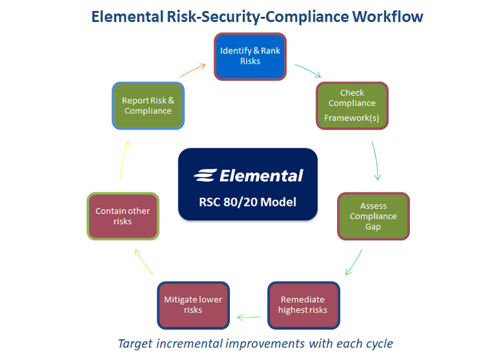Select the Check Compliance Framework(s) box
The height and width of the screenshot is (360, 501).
(x=352, y=105)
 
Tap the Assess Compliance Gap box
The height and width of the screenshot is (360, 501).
(x=373, y=216)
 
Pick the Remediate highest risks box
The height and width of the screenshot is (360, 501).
(x=303, y=305)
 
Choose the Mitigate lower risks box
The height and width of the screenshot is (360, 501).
(x=193, y=305)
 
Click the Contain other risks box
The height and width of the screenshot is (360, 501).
(x=122, y=216)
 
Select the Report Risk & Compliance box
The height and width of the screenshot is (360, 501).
(x=148, y=105)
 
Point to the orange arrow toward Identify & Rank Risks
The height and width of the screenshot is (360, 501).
(x=193, y=69)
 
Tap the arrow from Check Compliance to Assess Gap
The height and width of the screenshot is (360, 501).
(x=375, y=160)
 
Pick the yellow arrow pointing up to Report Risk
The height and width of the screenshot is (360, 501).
(x=124, y=160)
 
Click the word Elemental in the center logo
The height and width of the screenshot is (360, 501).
(x=262, y=176)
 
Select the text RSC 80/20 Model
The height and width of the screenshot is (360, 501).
(x=247, y=202)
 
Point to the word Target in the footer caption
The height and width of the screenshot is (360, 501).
(x=135, y=343)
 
